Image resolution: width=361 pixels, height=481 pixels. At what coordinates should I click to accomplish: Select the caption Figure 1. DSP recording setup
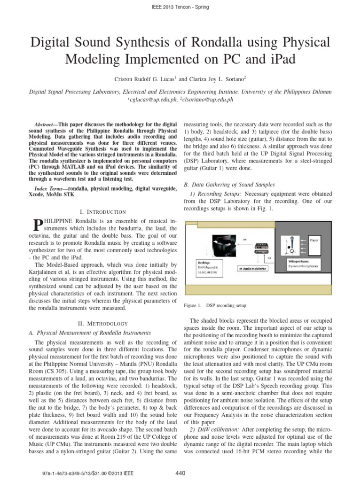pyautogui.click(x=215, y=305)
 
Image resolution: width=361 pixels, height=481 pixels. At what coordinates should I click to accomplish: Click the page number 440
pyautogui.click(x=180, y=472)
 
